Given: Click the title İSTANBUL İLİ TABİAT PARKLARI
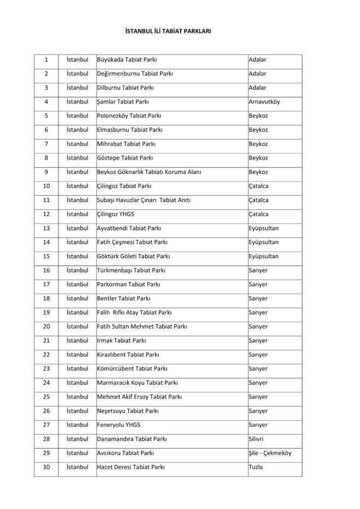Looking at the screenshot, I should (x=168, y=31).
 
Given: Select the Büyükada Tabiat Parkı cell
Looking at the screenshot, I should (x=127, y=59).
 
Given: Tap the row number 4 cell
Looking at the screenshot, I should (x=46, y=101).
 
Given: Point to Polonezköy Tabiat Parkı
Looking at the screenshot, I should (x=129, y=116).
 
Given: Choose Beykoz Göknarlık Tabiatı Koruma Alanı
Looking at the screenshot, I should (x=149, y=172).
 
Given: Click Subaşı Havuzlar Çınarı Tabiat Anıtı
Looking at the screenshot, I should (x=143, y=200).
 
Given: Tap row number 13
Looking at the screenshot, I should (x=46, y=228).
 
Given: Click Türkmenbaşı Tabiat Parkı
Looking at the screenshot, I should (x=131, y=270).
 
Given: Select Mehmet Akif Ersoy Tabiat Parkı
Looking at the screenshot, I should (x=139, y=397).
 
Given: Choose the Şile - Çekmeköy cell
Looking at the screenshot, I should (x=269, y=453).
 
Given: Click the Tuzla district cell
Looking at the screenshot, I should (x=255, y=467).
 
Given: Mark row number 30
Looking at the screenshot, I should (x=46, y=467).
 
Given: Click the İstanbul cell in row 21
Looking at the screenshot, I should (x=77, y=341).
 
